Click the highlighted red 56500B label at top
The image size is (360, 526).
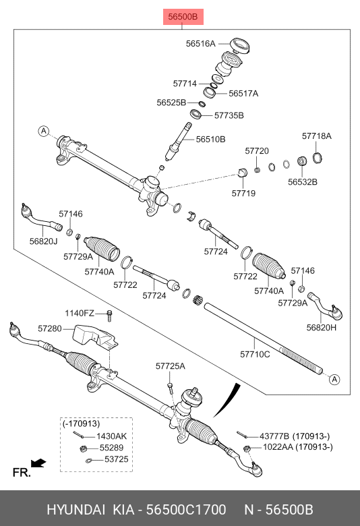click(183, 16)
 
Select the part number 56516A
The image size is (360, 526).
click(200, 44)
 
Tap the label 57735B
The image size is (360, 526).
click(229, 115)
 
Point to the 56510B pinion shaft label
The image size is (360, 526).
click(211, 139)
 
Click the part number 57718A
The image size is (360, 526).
click(316, 136)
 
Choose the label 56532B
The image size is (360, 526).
click(302, 182)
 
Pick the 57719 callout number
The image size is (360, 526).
click(243, 194)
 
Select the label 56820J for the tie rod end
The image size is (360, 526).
click(43, 241)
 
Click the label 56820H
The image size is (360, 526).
click(321, 328)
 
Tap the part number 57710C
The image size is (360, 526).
click(255, 354)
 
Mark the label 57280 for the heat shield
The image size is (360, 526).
click(50, 328)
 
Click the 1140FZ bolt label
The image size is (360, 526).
click(80, 314)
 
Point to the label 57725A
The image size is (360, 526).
click(170, 366)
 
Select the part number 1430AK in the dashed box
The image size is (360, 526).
click(112, 436)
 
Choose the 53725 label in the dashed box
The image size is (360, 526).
click(117, 459)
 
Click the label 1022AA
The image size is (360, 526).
click(278, 447)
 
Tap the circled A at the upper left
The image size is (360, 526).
click(43, 131)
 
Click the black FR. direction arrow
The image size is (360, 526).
click(38, 463)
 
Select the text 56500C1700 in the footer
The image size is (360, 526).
click(186, 510)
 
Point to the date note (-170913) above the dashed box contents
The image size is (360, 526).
click(81, 423)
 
